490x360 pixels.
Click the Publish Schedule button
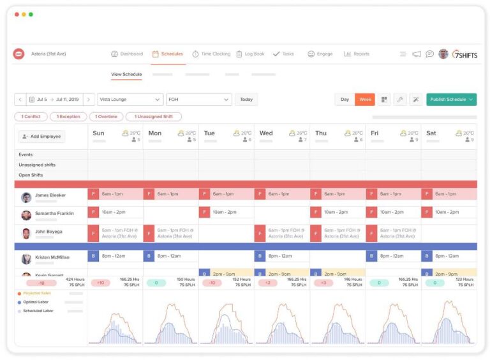[451, 100]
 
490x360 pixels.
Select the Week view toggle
[365, 100]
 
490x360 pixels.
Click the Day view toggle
[345, 100]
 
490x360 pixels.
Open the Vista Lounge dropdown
[130, 100]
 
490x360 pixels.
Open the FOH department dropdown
[198, 100]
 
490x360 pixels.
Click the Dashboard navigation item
[126, 54]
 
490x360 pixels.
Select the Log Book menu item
[250, 54]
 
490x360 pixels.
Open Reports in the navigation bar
[357, 54]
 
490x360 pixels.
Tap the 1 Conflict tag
[31, 117]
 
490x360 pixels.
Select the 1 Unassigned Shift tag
[153, 117]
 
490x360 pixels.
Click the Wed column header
[266, 133]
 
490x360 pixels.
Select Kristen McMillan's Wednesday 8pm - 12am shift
[281, 257]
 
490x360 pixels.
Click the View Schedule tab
[126, 75]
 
